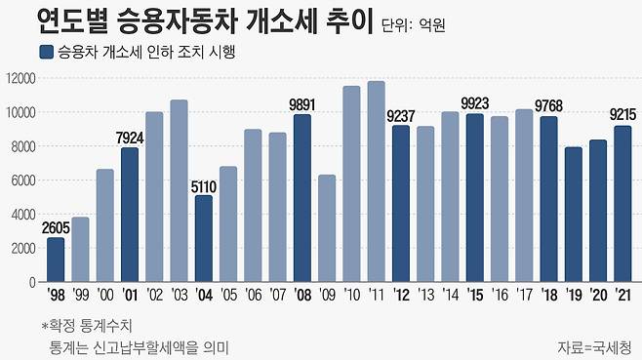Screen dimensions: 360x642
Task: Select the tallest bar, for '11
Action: [376, 181]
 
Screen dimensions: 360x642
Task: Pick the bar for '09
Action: [327, 228]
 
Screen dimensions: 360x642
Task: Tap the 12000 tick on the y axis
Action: [20, 78]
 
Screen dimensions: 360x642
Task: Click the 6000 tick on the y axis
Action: [22, 180]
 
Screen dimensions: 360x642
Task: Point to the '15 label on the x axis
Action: [474, 295]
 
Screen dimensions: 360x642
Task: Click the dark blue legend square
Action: [45, 52]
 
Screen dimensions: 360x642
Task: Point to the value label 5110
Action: [203, 185]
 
